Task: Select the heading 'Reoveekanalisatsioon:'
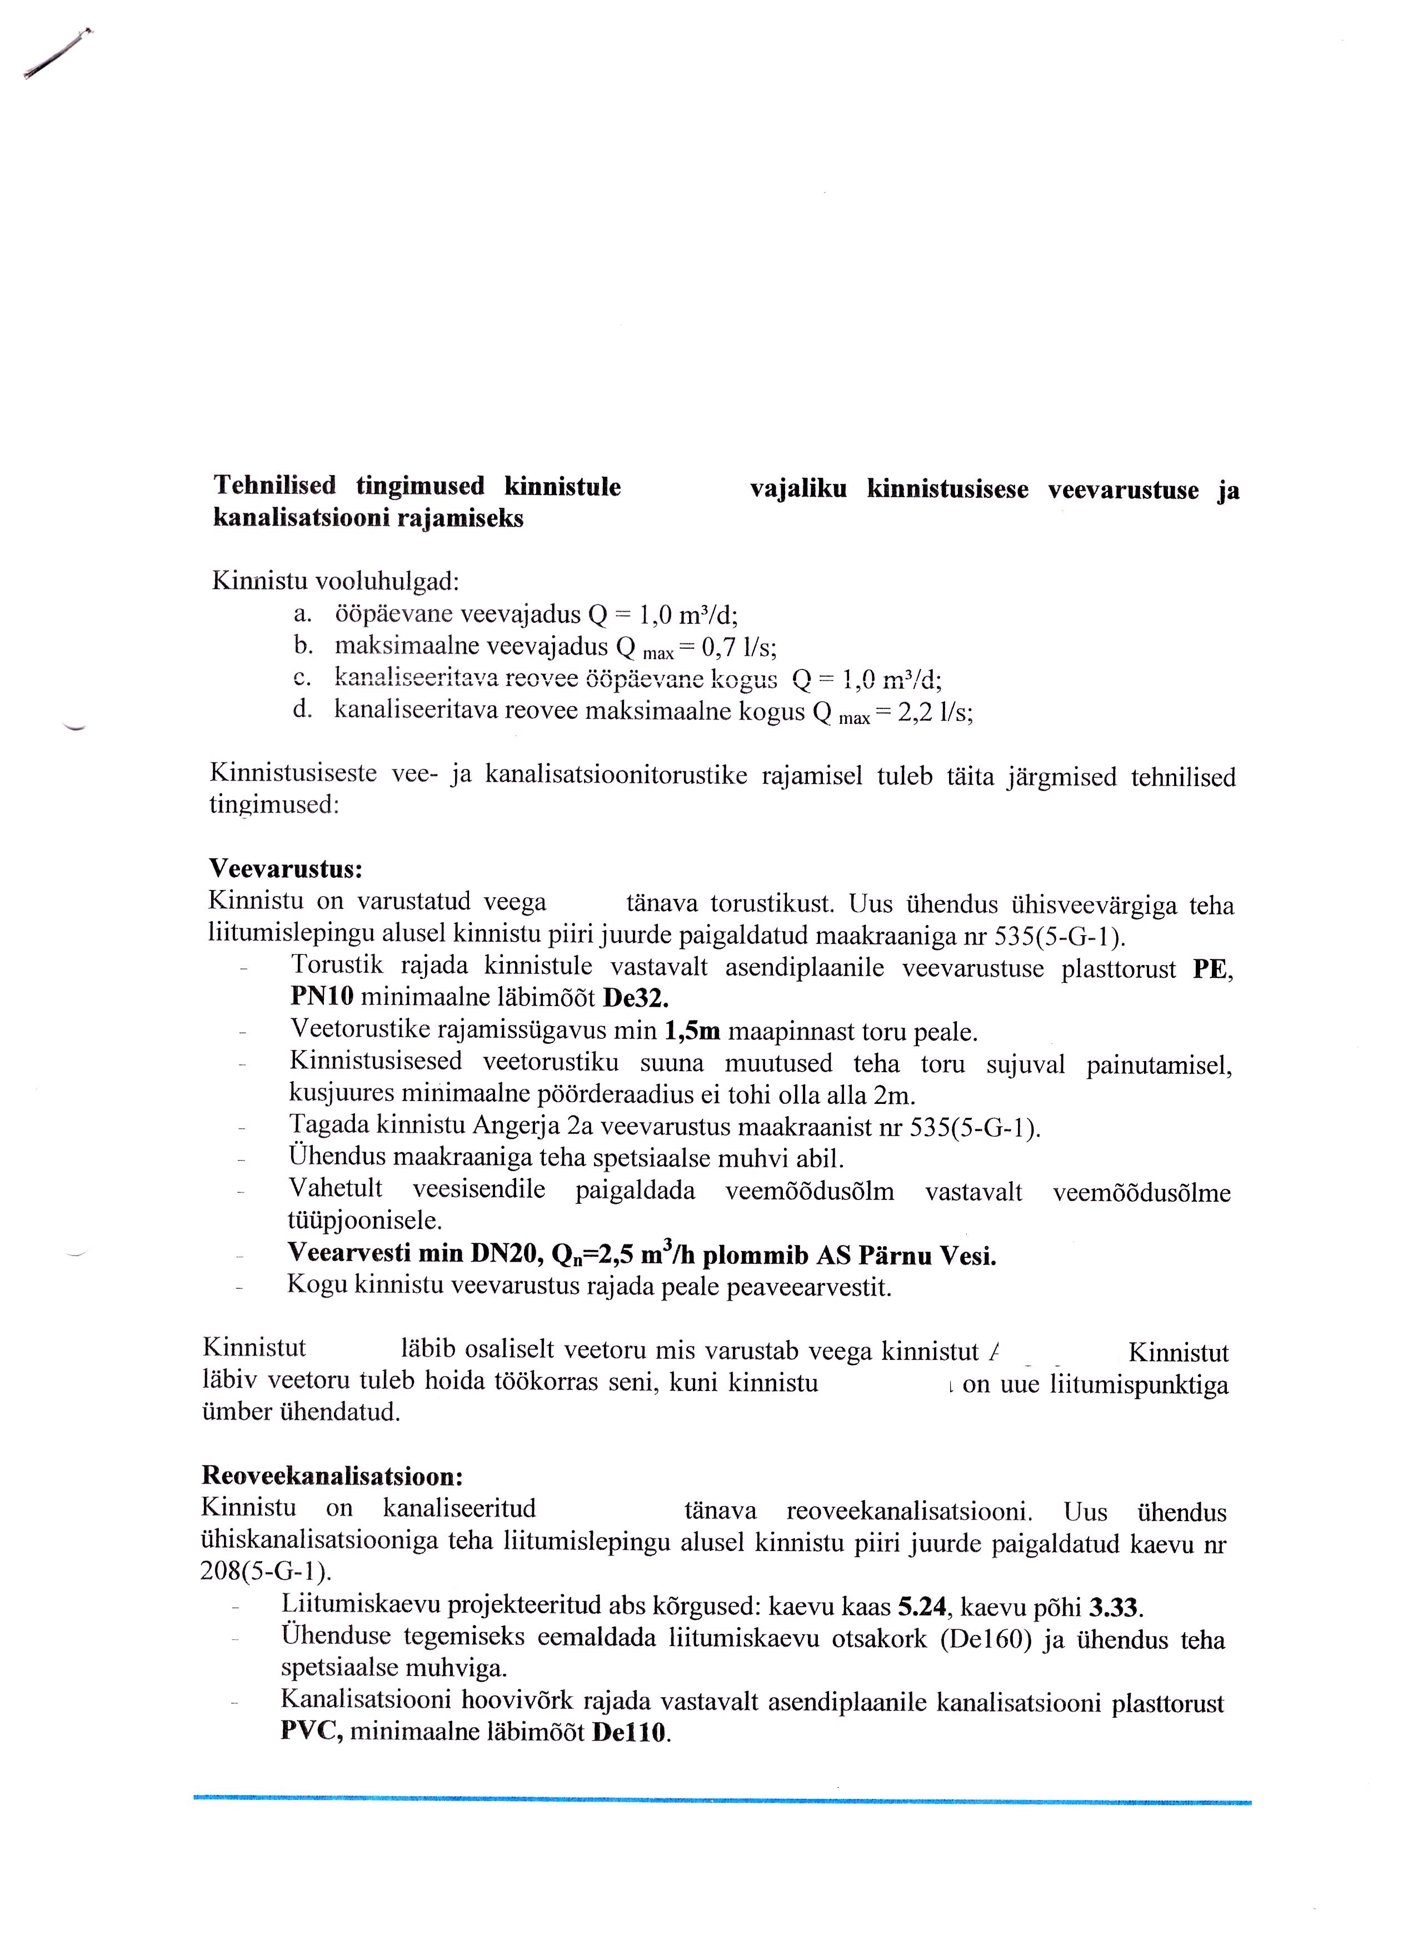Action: (x=332, y=1476)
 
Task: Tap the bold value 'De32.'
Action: (x=636, y=998)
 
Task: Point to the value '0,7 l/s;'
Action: (x=740, y=647)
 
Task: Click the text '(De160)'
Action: (x=986, y=1639)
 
